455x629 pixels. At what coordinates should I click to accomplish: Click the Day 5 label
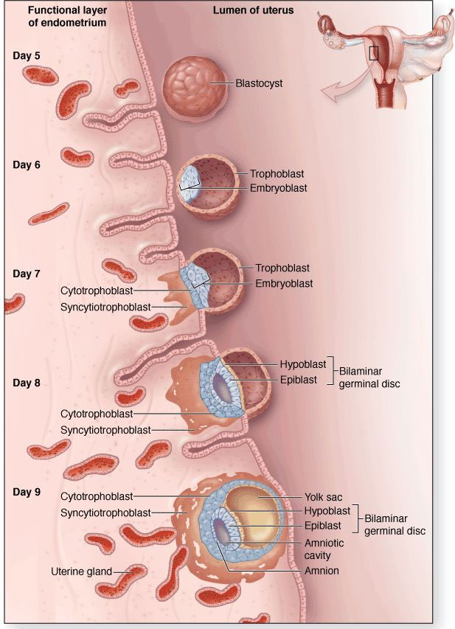click(27, 55)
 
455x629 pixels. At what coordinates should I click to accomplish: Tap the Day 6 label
click(27, 164)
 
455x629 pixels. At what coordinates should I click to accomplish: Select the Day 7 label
click(27, 274)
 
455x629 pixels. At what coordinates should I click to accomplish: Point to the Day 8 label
click(27, 383)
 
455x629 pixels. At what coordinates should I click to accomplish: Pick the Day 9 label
click(27, 492)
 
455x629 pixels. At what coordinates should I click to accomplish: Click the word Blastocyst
click(259, 84)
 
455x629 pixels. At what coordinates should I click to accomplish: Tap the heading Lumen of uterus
click(253, 10)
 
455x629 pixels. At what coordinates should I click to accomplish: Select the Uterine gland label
click(81, 571)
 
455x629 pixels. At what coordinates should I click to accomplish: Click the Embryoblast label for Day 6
click(278, 189)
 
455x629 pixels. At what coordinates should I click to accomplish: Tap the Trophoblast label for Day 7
click(282, 268)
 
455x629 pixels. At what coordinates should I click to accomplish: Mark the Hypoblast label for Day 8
click(299, 365)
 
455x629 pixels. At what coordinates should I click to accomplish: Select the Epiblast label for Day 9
click(323, 526)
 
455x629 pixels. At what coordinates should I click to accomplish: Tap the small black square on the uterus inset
click(374, 53)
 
